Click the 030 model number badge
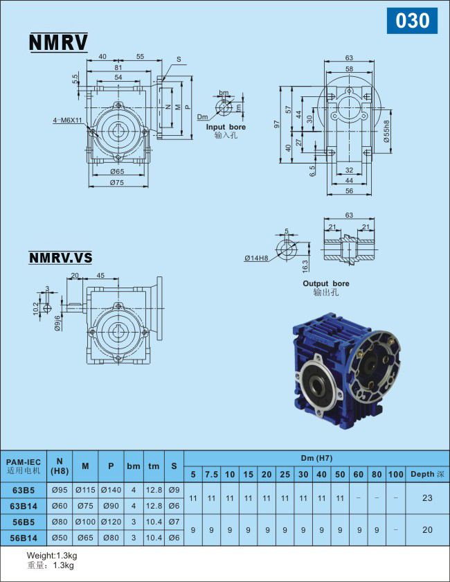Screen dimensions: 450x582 click(x=412, y=20)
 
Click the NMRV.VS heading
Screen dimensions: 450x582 click(x=60, y=258)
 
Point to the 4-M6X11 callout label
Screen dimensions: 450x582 click(x=68, y=121)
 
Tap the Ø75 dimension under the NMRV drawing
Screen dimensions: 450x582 click(x=117, y=182)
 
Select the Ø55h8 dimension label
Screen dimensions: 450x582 click(x=386, y=132)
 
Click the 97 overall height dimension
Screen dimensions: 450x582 click(x=277, y=124)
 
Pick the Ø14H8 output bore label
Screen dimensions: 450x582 click(x=256, y=258)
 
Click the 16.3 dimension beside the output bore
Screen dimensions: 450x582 click(x=305, y=265)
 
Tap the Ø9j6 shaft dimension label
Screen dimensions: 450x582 click(x=57, y=323)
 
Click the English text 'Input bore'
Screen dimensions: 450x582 click(x=226, y=127)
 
